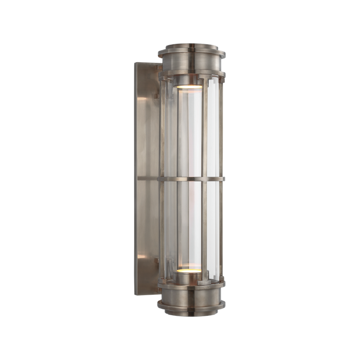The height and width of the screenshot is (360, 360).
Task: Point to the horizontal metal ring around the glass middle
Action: coord(191,179)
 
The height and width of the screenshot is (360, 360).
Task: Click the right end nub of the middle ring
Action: coord(225,179)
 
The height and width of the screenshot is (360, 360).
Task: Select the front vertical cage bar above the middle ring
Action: coord(202,129)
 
